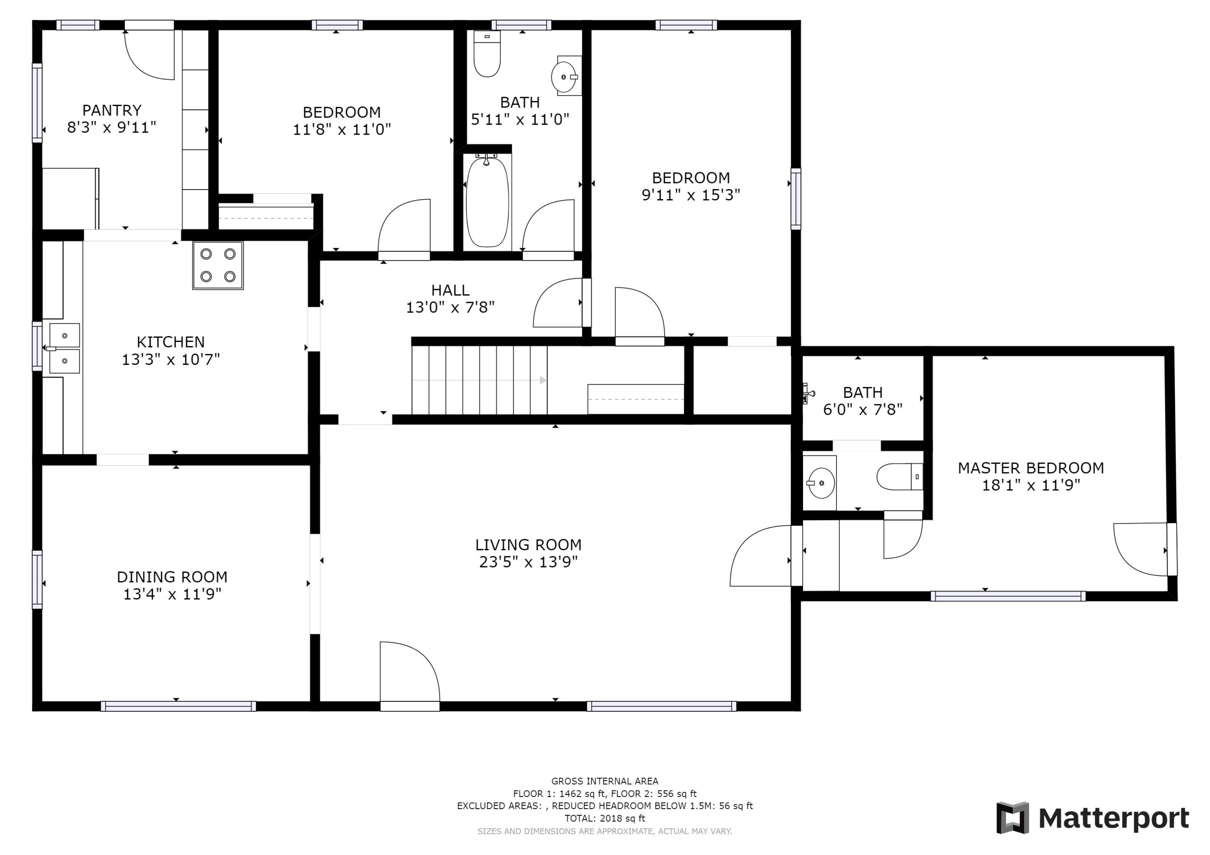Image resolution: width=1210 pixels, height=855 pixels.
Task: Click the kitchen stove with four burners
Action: pyautogui.click(x=218, y=266)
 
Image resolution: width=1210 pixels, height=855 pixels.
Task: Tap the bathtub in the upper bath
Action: pyautogui.click(x=488, y=202)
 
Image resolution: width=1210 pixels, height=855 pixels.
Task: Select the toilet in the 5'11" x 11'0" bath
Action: pyautogui.click(x=487, y=55)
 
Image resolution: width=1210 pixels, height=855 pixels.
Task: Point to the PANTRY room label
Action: pyautogui.click(x=112, y=110)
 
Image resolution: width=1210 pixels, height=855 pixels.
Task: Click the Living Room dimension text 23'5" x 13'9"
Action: pyautogui.click(x=528, y=562)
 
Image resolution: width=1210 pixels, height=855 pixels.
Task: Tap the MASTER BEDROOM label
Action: pyautogui.click(x=1030, y=468)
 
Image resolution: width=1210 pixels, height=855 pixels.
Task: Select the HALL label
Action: pyautogui.click(x=450, y=290)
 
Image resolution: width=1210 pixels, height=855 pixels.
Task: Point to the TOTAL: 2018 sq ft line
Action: pyautogui.click(x=605, y=818)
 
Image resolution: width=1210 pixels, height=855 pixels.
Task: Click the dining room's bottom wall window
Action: pyautogui.click(x=178, y=706)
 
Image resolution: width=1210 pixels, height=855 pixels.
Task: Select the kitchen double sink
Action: pyautogui.click(x=64, y=348)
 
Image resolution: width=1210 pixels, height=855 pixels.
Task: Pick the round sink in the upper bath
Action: pyautogui.click(x=564, y=77)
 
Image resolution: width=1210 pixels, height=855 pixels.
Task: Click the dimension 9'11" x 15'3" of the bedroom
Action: pyautogui.click(x=691, y=195)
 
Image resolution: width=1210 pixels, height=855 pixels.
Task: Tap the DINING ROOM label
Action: pyautogui.click(x=172, y=577)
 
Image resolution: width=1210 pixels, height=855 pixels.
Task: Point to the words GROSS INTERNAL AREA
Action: pyautogui.click(x=605, y=781)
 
